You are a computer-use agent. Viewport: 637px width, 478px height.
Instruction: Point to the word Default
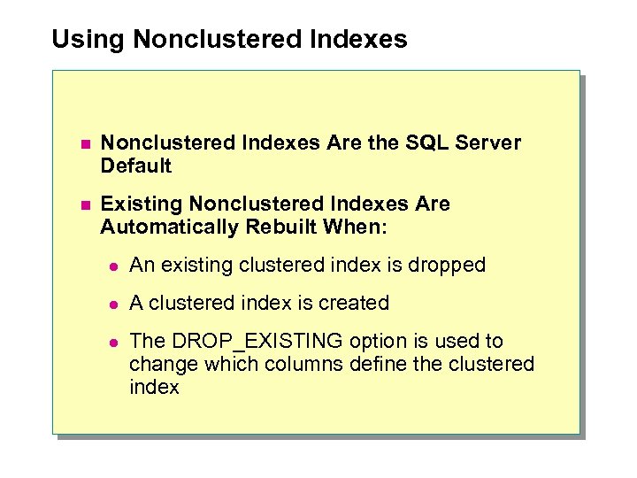point(135,166)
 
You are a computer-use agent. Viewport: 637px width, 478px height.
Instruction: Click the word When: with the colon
point(355,227)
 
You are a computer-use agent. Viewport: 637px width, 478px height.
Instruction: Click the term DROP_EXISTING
point(257,342)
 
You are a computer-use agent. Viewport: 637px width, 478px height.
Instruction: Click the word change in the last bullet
point(159,364)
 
